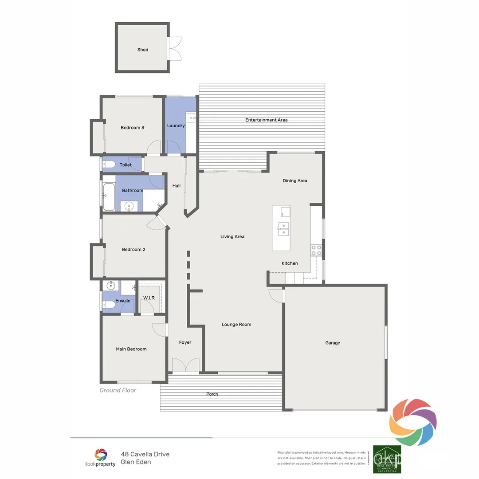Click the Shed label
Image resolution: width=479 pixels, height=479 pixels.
pyautogui.click(x=142, y=50)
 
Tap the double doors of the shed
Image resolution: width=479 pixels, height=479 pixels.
pyautogui.click(x=176, y=48)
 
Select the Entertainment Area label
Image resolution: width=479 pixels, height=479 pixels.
pyautogui.click(x=267, y=120)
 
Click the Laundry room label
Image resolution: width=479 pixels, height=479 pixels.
pyautogui.click(x=176, y=126)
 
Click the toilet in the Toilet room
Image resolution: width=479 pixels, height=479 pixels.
pyautogui.click(x=109, y=165)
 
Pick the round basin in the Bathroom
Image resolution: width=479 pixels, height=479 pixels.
pyautogui.click(x=129, y=206)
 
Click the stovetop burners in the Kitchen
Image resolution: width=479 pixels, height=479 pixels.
pyautogui.click(x=316, y=250)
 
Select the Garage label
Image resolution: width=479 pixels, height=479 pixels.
pyautogui.click(x=333, y=343)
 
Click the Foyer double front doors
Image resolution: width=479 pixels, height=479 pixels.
pyautogui.click(x=185, y=366)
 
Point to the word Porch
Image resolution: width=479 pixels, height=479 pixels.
pyautogui.click(x=212, y=394)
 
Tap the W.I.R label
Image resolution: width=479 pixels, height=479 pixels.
pyautogui.click(x=149, y=298)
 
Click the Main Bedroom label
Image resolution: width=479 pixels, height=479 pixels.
pyautogui.click(x=131, y=349)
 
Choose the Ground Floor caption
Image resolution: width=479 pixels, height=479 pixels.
pyautogui.click(x=118, y=390)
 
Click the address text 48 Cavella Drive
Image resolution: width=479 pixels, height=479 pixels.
pyautogui.click(x=145, y=454)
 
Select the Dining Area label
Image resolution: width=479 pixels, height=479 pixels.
pyautogui.click(x=295, y=181)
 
